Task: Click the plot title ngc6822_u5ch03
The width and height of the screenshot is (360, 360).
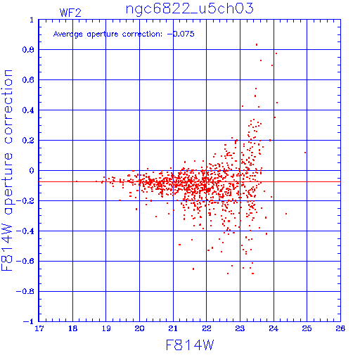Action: click(x=190, y=9)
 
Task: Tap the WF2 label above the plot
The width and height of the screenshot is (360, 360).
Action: click(x=70, y=13)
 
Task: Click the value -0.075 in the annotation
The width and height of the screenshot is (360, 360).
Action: click(x=181, y=34)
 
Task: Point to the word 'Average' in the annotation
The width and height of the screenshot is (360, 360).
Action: click(x=68, y=34)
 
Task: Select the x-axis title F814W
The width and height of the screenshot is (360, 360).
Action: click(x=190, y=345)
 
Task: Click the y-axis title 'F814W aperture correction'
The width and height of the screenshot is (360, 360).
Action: click(x=7, y=170)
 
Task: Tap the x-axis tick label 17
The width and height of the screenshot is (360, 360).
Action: click(x=39, y=328)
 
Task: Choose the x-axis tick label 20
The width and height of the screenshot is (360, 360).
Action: click(x=139, y=328)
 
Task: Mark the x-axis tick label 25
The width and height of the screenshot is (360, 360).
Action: click(x=307, y=328)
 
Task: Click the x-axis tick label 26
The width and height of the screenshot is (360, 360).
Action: click(x=340, y=328)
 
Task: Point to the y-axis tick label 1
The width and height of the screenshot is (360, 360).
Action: click(x=32, y=20)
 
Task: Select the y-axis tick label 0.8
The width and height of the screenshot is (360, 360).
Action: click(x=28, y=50)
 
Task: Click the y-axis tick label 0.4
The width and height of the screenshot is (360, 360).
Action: click(x=28, y=110)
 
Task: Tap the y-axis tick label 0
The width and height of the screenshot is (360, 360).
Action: click(x=32, y=171)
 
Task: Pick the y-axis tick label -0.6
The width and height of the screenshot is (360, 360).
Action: click(x=25, y=261)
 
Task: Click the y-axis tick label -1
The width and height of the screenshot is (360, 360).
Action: click(x=28, y=321)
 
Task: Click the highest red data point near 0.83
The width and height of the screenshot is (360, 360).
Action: click(x=257, y=44)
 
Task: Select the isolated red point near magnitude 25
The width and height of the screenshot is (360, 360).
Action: click(x=305, y=153)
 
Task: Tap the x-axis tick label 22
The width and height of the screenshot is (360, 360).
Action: click(x=207, y=328)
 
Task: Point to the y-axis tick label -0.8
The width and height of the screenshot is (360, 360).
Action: click(x=25, y=291)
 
